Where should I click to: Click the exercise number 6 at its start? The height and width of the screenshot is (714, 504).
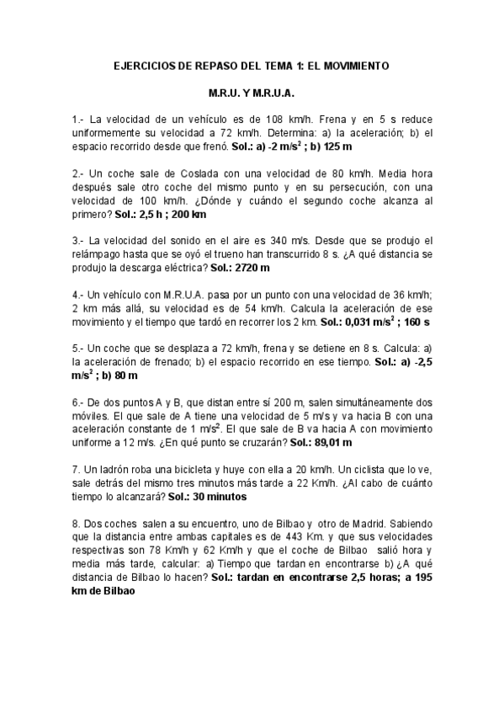[77, 403]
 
